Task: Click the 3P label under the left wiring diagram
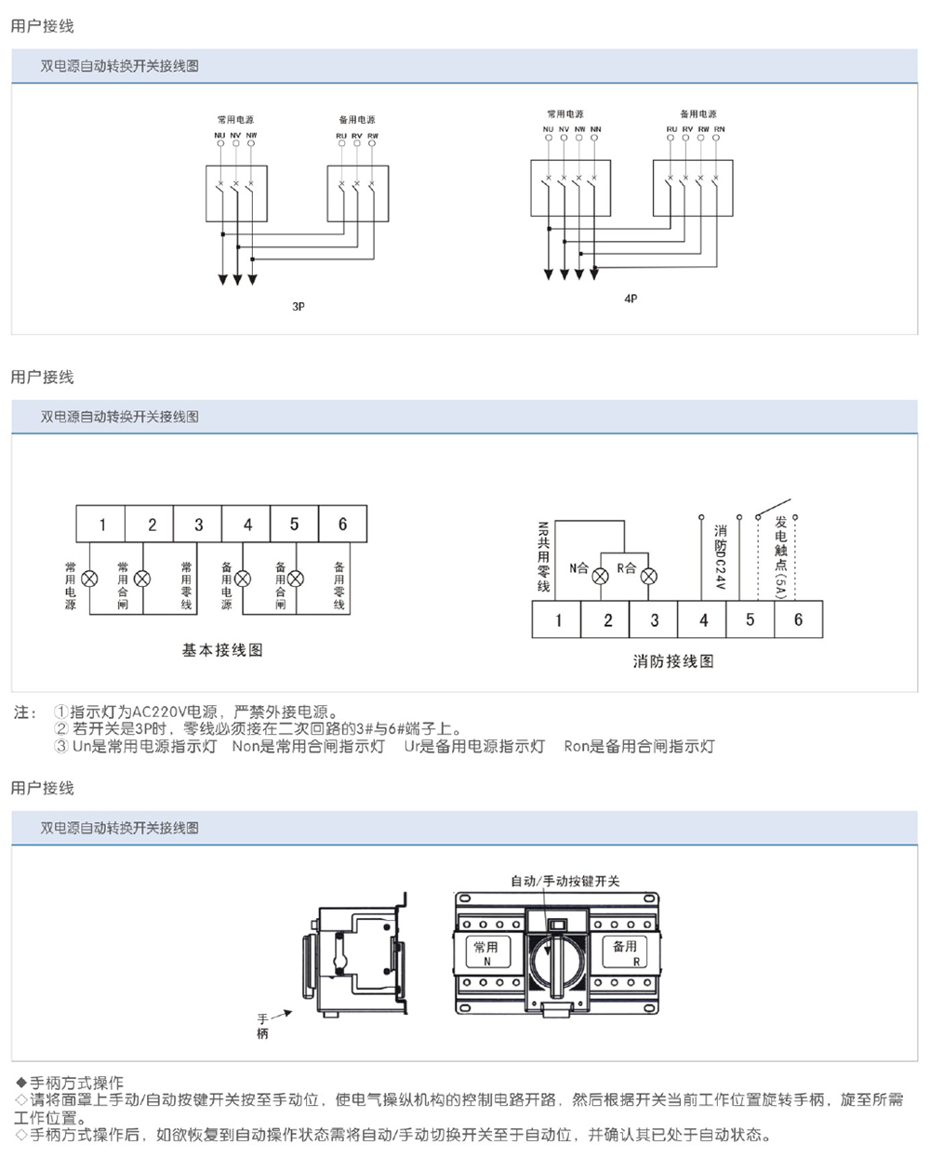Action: click(x=299, y=306)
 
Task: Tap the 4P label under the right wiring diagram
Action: click(x=631, y=299)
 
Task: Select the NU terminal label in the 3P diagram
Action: click(x=219, y=136)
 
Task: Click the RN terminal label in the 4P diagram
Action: click(x=720, y=129)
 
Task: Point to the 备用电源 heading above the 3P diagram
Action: click(x=357, y=120)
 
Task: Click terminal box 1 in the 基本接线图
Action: click(x=101, y=525)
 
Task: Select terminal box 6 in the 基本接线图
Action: click(x=342, y=525)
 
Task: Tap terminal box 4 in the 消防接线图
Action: click(x=703, y=620)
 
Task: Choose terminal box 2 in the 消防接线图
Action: click(x=607, y=620)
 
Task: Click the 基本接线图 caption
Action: click(x=222, y=650)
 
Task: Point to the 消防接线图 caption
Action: click(x=673, y=661)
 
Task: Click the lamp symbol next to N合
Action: click(x=601, y=576)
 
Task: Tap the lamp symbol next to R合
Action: click(x=650, y=576)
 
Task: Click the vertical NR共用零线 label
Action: click(x=543, y=557)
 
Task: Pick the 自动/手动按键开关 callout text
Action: click(x=565, y=881)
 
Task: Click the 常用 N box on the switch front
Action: click(x=486, y=952)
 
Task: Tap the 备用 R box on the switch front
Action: click(x=625, y=952)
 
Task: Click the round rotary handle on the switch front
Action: click(x=556, y=957)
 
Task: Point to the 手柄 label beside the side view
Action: click(x=262, y=1027)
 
